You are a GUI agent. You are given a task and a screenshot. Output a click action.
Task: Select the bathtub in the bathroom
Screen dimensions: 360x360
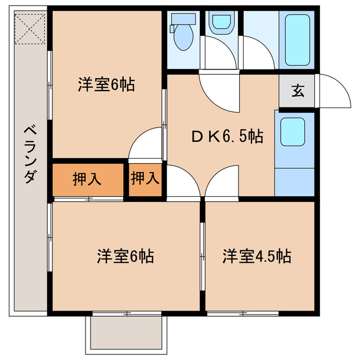(298, 39)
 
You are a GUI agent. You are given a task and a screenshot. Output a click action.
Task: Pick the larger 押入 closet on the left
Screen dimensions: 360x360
(87, 179)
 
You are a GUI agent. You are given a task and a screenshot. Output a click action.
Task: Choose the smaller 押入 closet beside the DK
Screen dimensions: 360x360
(145, 179)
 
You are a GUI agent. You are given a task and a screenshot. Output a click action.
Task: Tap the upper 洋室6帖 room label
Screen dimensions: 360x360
(106, 85)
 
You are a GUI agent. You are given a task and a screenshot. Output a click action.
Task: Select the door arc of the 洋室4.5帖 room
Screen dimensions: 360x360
(222, 183)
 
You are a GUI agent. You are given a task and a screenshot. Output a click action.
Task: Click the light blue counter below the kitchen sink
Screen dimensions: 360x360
(294, 180)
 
